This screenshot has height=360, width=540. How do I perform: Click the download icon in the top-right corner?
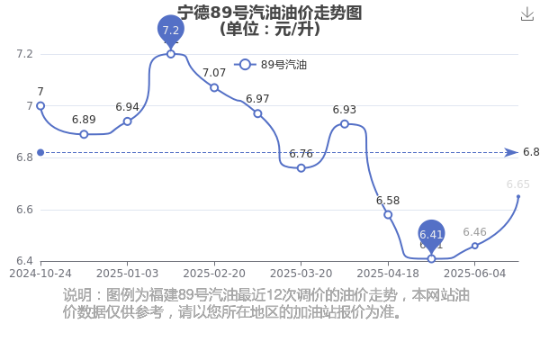pos(526,14)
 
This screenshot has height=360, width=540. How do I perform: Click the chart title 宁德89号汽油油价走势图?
pos(270,13)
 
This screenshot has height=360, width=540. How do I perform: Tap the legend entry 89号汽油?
pos(270,65)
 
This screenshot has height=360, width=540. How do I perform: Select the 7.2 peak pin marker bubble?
pos(171,30)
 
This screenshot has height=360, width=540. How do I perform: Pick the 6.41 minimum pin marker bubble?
pos(431,235)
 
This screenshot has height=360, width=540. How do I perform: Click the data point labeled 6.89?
pos(84,134)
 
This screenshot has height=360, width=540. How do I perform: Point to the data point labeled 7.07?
pos(214,88)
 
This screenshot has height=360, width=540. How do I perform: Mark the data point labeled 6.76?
pos(301,168)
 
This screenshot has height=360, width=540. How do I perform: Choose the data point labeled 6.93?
pos(345,124)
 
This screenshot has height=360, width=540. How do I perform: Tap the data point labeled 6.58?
pos(388,214)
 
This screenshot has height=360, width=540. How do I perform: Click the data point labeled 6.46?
pos(475,246)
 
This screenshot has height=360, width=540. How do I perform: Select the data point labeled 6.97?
pos(257,113)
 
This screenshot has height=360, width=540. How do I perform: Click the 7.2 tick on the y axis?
pos(24,54)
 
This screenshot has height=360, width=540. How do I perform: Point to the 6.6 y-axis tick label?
pos(24,210)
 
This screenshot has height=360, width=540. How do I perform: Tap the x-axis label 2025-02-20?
pos(214,274)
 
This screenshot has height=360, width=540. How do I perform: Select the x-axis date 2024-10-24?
pos(40,274)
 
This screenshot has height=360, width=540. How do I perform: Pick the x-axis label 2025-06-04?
pos(475,274)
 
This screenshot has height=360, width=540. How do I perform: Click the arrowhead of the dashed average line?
pos(511,152)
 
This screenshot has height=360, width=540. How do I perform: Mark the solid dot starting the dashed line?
pos(40,152)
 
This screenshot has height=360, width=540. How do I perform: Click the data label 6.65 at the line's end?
pos(518,184)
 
